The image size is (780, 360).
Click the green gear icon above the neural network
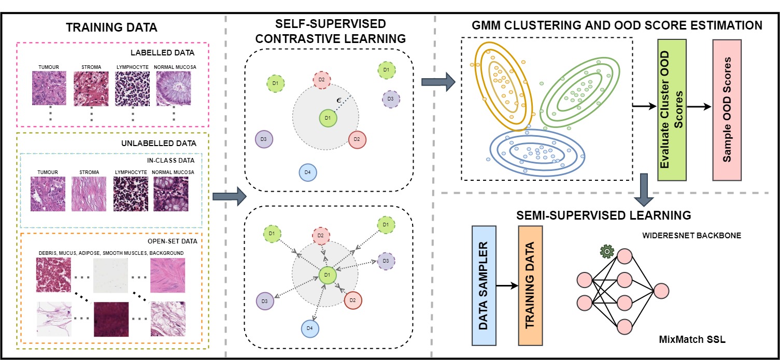(x=607, y=251)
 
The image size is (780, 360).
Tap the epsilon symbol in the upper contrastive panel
(x=338, y=100)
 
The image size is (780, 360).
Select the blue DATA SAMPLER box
(x=484, y=285)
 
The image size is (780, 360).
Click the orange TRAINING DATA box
(x=530, y=285)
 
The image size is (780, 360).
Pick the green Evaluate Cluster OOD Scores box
(x=672, y=110)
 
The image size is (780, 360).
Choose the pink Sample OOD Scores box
(x=727, y=110)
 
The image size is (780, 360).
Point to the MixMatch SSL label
(x=692, y=339)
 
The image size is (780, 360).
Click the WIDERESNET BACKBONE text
(x=691, y=236)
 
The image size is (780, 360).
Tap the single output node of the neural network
(x=661, y=292)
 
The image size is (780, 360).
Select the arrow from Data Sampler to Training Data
(x=507, y=286)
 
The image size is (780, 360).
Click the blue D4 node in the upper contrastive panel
(x=308, y=172)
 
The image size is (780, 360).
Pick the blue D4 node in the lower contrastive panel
(x=309, y=328)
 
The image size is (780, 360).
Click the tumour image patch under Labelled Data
(x=49, y=88)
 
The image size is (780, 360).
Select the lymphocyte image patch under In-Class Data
(x=131, y=194)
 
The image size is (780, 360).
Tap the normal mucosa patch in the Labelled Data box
(x=174, y=89)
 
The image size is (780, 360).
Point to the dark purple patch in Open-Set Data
(x=111, y=319)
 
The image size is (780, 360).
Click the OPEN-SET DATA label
(x=173, y=241)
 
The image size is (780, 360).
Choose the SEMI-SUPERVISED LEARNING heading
(x=603, y=215)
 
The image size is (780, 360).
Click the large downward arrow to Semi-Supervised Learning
(x=644, y=190)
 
